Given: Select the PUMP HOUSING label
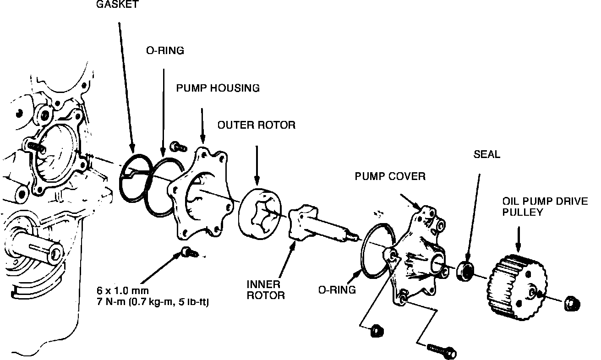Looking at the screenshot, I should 218,88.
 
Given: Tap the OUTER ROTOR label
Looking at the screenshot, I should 257,125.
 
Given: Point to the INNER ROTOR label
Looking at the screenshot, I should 266,289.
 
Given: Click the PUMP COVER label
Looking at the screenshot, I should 390,176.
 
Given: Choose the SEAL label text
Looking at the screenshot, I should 486,155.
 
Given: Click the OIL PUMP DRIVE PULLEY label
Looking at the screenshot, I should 545,207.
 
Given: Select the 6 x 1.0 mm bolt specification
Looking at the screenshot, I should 123,290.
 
